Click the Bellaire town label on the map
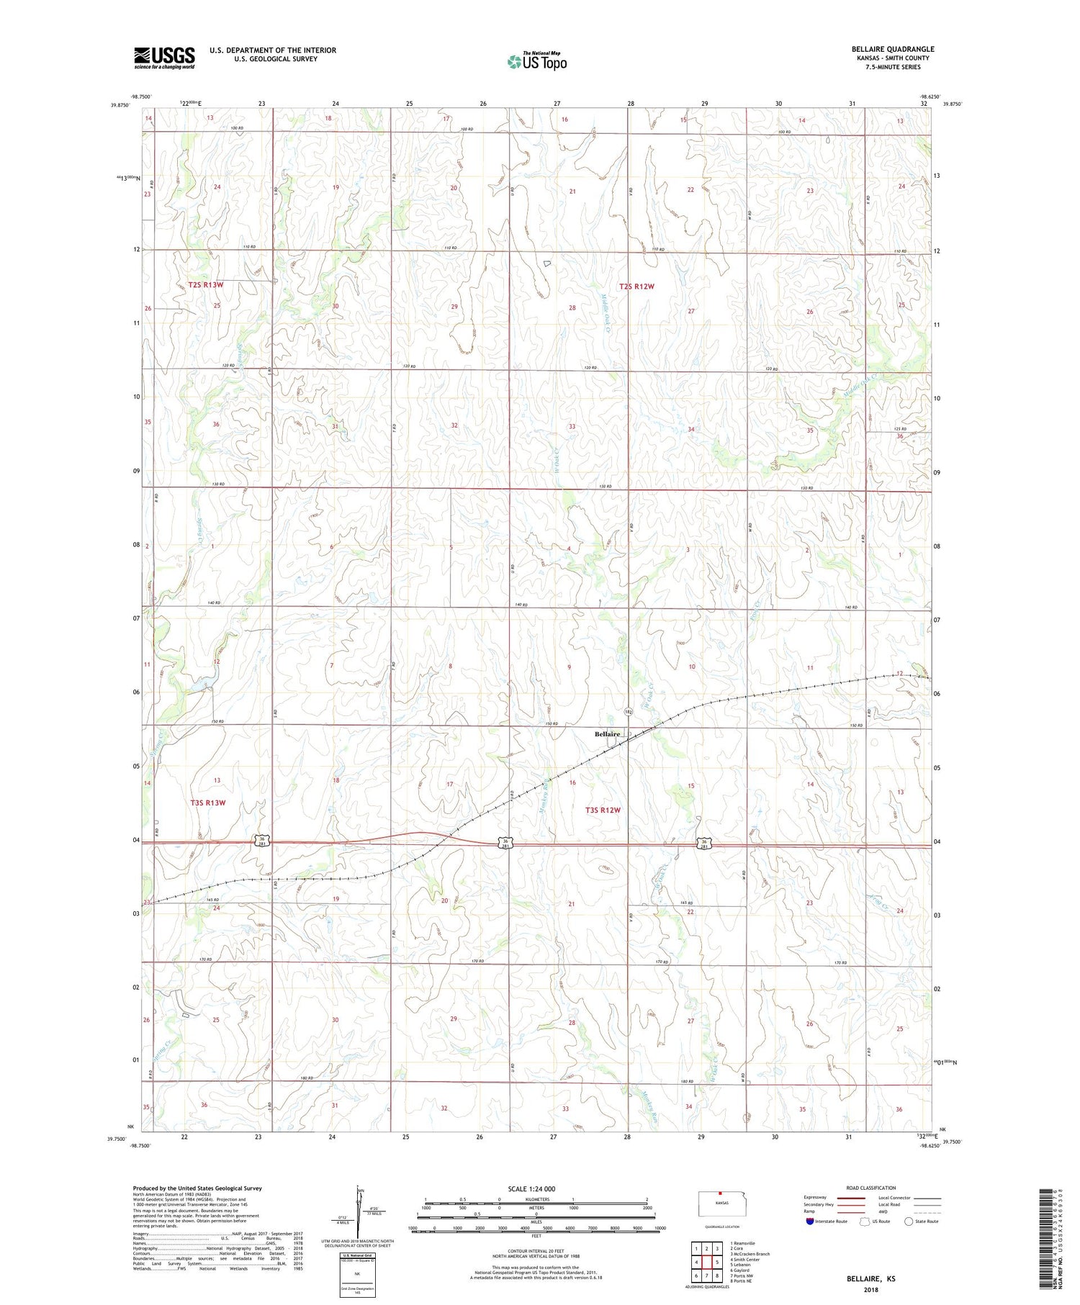pos(606,734)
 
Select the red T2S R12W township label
pos(636,286)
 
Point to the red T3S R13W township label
pos(208,803)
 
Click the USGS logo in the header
pos(164,58)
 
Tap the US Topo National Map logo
pos(536,61)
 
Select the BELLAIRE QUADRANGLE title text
pos(892,49)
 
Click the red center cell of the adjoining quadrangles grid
pos(707,1263)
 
